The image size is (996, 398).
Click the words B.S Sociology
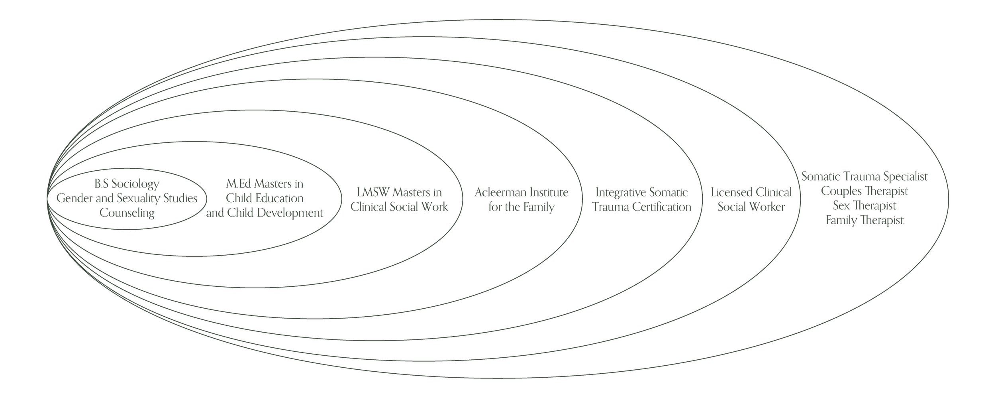(x=127, y=184)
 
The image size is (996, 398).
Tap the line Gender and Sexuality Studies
(x=127, y=198)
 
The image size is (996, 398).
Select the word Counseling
(x=127, y=213)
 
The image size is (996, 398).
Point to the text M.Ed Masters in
(x=265, y=184)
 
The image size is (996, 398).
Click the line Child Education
(x=265, y=198)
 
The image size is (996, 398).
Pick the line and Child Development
(x=265, y=213)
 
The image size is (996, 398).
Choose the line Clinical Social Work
(x=399, y=207)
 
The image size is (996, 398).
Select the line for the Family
(x=522, y=207)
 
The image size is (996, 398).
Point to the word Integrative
(x=618, y=193)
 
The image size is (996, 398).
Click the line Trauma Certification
(x=641, y=207)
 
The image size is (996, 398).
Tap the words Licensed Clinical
(x=751, y=193)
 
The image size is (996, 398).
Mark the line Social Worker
(x=751, y=207)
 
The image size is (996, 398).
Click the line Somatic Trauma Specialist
(x=865, y=177)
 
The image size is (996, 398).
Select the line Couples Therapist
(x=865, y=191)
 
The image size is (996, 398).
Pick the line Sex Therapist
(x=865, y=206)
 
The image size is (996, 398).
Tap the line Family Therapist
(x=865, y=220)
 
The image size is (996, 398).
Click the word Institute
(x=548, y=193)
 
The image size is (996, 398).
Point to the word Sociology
(x=135, y=184)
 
